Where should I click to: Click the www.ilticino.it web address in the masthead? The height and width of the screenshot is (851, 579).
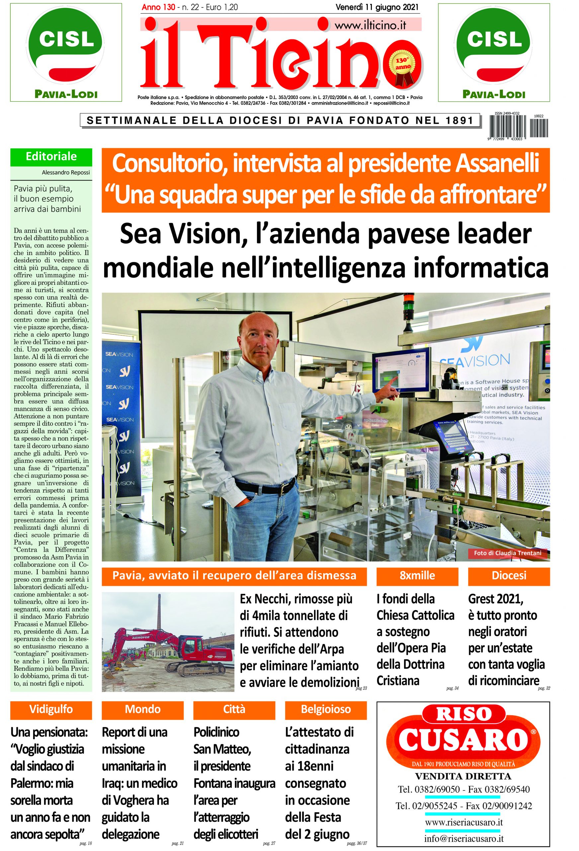point(370,25)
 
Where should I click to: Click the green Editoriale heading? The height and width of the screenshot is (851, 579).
point(51,156)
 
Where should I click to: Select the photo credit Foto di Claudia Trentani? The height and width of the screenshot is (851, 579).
point(507,552)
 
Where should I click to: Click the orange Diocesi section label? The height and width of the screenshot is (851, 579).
point(509,575)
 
